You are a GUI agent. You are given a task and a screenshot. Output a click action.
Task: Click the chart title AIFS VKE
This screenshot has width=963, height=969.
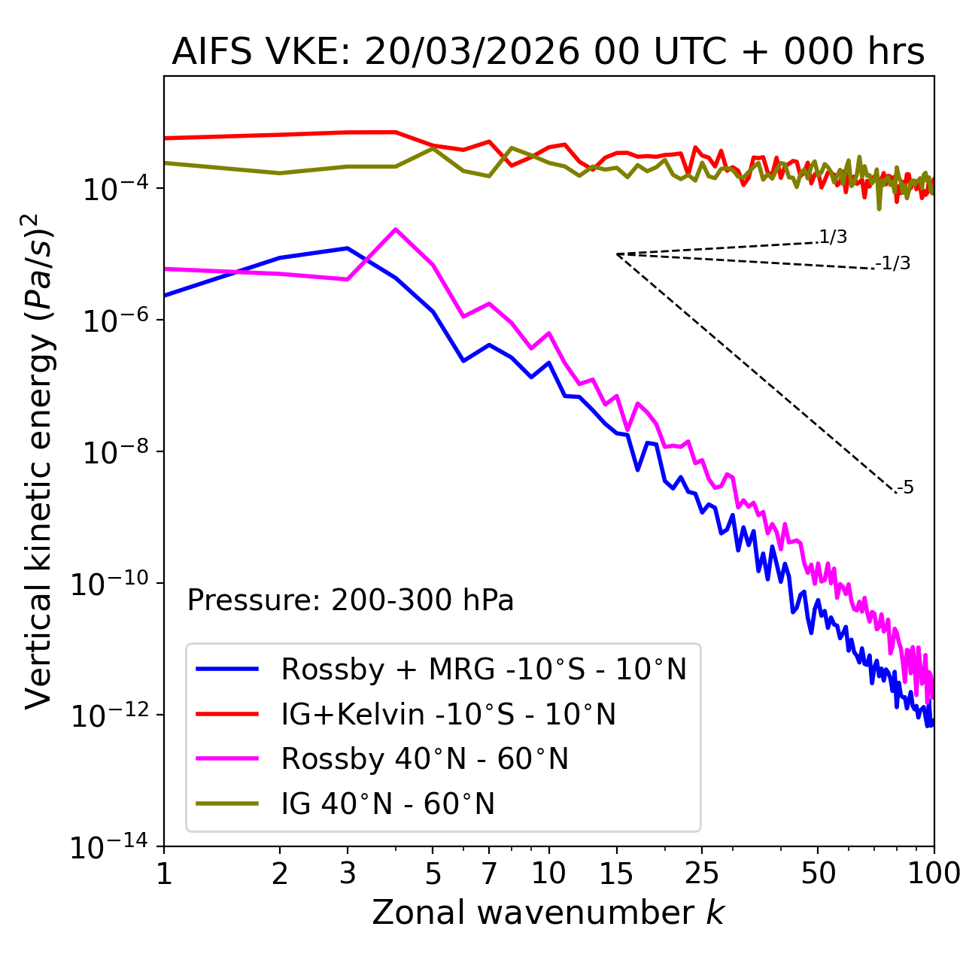coord(548,52)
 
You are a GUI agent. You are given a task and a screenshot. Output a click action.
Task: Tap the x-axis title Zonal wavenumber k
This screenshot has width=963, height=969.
coord(548,913)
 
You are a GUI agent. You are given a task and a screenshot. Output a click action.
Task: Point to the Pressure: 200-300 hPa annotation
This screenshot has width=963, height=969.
coord(351,600)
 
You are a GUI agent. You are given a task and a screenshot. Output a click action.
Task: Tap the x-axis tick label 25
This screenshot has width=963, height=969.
coord(701,873)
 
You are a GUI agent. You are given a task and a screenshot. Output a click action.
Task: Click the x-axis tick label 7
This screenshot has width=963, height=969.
coord(489,873)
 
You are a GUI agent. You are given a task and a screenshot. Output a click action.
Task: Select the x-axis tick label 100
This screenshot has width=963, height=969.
coord(933,873)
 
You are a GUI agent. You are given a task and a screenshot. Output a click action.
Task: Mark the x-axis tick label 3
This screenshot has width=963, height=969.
coord(348,873)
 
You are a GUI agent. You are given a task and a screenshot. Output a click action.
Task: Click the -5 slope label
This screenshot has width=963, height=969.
coord(906,488)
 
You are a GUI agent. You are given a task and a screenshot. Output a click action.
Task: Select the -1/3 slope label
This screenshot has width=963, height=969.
coord(894,263)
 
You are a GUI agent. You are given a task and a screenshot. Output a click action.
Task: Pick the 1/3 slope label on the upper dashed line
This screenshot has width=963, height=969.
coord(833,238)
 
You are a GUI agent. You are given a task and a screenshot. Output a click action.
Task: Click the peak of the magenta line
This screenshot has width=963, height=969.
coord(395,229)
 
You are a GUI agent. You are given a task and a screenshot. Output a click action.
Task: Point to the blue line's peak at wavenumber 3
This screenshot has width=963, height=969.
coord(348,248)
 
